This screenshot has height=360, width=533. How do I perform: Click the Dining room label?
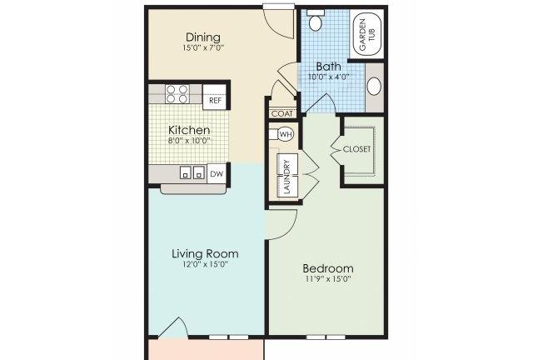click(203, 37)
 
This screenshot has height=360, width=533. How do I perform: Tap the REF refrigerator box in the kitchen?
click(215, 100)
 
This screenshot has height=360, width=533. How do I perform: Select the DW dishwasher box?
click(217, 174)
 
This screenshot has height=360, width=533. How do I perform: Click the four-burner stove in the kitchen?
click(177, 94)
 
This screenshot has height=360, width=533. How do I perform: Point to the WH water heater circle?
click(286, 134)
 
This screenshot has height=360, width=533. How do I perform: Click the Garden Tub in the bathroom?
click(366, 35)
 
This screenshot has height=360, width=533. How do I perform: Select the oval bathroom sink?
click(374, 87)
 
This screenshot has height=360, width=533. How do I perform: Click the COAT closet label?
click(282, 113)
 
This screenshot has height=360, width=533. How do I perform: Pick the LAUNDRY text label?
click(287, 176)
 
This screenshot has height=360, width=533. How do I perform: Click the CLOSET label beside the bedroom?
click(356, 149)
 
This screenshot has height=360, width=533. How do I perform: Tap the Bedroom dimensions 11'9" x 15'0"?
click(328, 279)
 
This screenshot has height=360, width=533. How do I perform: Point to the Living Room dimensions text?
click(205, 264)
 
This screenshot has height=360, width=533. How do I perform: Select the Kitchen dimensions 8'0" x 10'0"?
click(189, 141)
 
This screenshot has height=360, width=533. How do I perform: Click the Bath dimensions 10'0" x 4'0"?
click(329, 77)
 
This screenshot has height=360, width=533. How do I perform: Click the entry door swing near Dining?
click(279, 22)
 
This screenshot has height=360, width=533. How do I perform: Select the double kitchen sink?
click(192, 172)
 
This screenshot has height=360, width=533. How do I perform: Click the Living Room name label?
click(205, 253)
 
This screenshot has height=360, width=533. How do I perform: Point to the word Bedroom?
click(328, 268)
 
